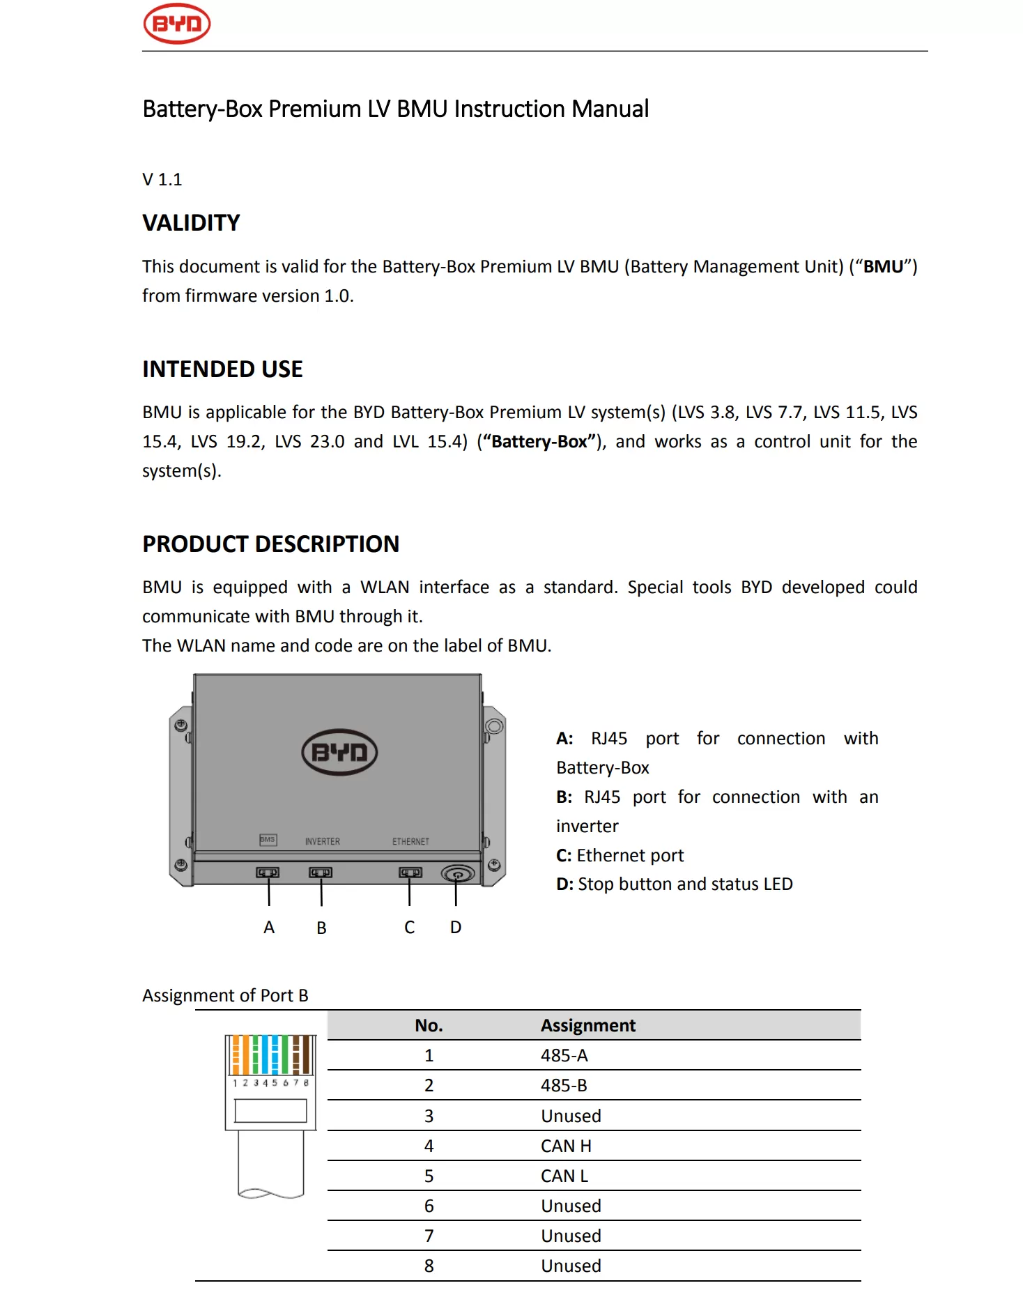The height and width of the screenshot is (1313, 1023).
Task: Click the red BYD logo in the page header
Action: (x=176, y=24)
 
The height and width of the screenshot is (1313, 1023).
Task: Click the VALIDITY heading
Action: (x=191, y=223)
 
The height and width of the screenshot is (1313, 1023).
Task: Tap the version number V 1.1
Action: (x=162, y=180)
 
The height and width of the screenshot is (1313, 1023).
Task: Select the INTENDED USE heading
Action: (x=222, y=369)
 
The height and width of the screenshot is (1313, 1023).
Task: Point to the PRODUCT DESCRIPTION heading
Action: (x=270, y=544)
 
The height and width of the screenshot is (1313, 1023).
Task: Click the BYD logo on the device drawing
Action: (x=339, y=752)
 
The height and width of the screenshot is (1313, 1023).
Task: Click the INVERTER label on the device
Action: (x=322, y=842)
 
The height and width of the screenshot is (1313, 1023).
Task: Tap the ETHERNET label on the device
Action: (x=410, y=842)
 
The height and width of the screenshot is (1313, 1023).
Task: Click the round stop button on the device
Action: (x=457, y=873)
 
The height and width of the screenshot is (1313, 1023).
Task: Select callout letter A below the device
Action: (x=269, y=928)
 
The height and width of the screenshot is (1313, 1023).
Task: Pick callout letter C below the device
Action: (x=410, y=928)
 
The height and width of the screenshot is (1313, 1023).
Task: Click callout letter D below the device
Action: (x=456, y=928)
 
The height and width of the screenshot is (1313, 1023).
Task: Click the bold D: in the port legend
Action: (x=564, y=884)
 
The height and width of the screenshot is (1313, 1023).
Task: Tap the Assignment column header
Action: (x=587, y=1026)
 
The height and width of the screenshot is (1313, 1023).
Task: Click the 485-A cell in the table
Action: (x=564, y=1056)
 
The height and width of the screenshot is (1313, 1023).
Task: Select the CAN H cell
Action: (x=565, y=1146)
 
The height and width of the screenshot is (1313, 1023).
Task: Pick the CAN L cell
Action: (x=564, y=1176)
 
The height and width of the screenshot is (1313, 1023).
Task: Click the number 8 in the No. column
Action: (x=429, y=1266)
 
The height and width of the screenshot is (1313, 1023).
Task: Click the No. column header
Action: (x=429, y=1026)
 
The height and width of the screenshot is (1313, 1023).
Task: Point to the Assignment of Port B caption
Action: (x=225, y=996)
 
